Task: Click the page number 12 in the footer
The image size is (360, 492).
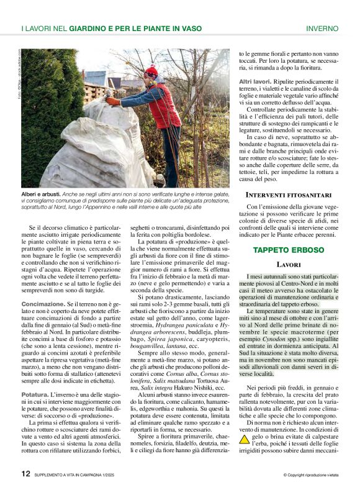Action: pos(25,473)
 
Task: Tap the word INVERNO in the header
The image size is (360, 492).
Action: pos(322,29)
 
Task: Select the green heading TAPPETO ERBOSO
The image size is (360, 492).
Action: pos(289,250)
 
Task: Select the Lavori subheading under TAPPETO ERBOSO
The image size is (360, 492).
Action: pos(289,265)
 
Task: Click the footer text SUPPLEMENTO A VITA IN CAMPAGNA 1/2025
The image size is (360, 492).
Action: pos(79,475)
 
